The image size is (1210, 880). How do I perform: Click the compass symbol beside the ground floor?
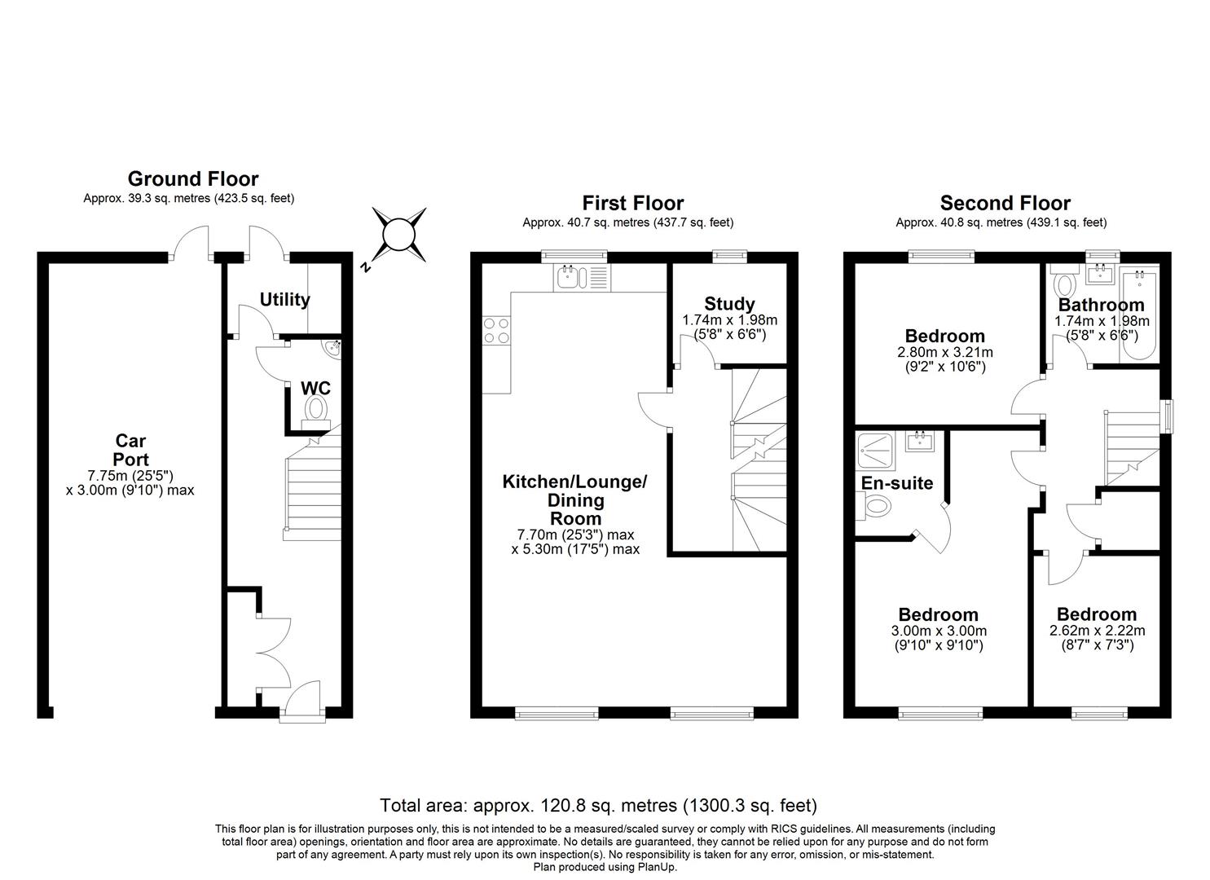[399, 235]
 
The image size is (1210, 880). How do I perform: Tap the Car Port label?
[130, 451]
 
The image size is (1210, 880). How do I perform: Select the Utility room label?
[284, 299]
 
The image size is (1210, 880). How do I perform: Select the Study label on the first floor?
[729, 304]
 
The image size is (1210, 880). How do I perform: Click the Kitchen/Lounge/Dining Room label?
[574, 499]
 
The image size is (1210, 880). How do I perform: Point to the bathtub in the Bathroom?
[1141, 314]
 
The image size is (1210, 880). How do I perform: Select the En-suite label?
[896, 483]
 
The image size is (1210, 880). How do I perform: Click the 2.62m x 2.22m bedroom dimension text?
[1096, 631]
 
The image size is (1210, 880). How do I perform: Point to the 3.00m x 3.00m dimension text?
[938, 631]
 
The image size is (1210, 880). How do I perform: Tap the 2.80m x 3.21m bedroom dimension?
[944, 352]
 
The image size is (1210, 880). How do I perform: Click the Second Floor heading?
[1005, 203]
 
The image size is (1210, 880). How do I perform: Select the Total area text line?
[598, 806]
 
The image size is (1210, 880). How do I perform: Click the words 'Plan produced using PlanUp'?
[605, 867]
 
